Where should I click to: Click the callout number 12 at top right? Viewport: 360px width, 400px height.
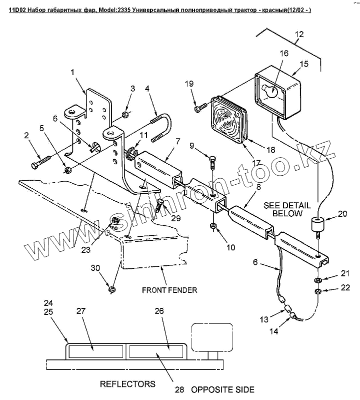tap(299, 35)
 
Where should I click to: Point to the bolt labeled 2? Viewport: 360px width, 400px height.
tap(41, 162)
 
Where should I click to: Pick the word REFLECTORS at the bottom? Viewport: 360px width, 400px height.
tap(127, 384)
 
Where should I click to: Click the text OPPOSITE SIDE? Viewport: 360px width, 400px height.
tap(222, 389)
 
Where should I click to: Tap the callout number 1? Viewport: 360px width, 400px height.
tap(72, 73)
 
